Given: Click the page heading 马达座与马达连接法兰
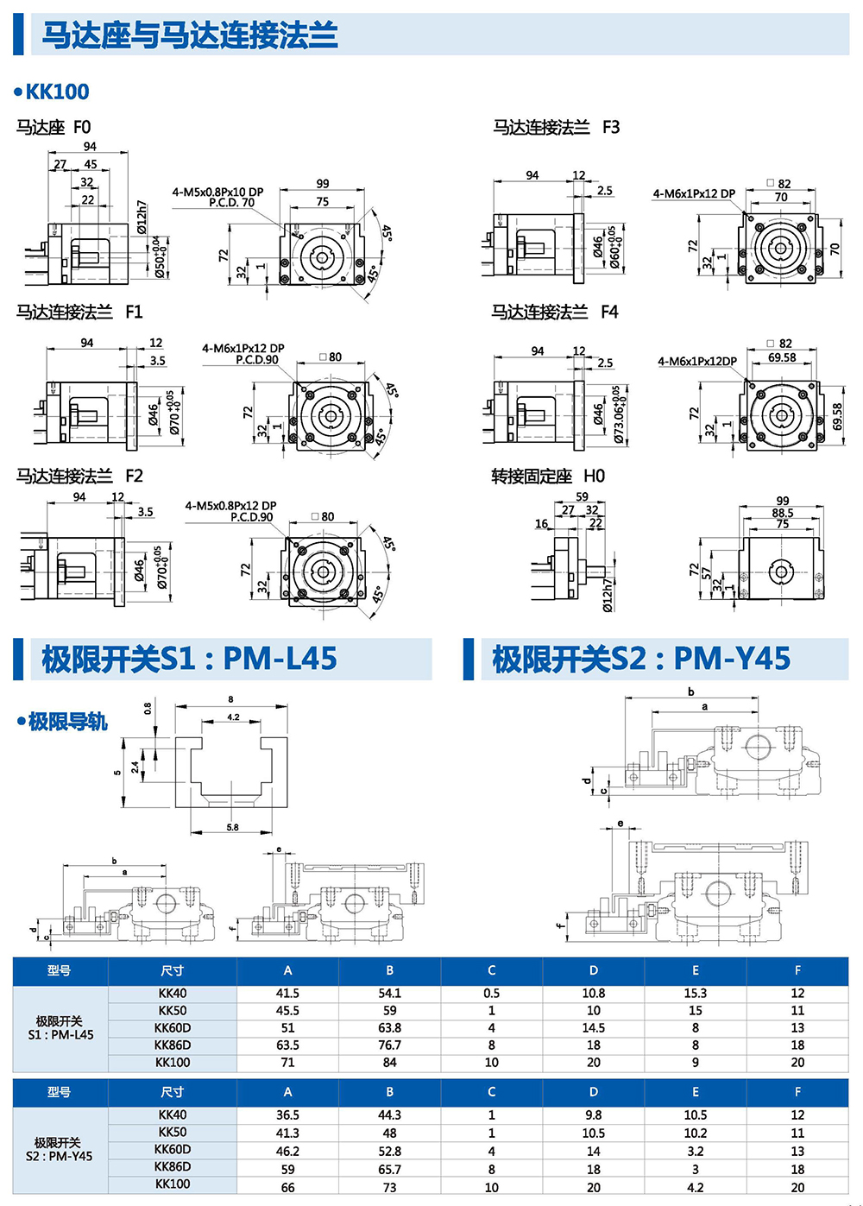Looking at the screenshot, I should (x=190, y=35).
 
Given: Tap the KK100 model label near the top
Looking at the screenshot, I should (x=57, y=92).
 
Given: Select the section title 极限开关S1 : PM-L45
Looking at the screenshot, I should (x=189, y=659).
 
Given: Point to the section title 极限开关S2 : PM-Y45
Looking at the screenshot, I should (x=641, y=659).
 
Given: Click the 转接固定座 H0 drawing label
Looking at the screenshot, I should (x=548, y=476).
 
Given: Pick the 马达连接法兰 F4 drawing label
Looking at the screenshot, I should (x=555, y=312).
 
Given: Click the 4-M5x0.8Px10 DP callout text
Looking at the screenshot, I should (x=217, y=192).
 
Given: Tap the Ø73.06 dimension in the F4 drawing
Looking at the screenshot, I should (x=619, y=414).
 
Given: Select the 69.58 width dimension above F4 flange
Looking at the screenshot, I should (x=782, y=357).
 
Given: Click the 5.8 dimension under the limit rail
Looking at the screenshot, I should (x=232, y=827).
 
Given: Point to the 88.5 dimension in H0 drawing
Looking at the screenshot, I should (x=783, y=512).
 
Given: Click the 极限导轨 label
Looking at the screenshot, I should (x=67, y=722).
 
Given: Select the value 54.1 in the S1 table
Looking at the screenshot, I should (x=389, y=994).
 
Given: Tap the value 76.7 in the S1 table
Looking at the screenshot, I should (x=389, y=1045).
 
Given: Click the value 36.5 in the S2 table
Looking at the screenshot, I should (x=287, y=1115).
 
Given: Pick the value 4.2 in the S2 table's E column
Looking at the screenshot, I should (x=695, y=1187).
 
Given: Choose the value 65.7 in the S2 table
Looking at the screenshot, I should (x=389, y=1170).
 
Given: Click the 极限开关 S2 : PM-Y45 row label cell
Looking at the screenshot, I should (x=60, y=1150).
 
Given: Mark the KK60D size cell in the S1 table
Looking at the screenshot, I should (x=173, y=1028).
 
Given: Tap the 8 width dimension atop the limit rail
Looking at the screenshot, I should (x=231, y=699).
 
